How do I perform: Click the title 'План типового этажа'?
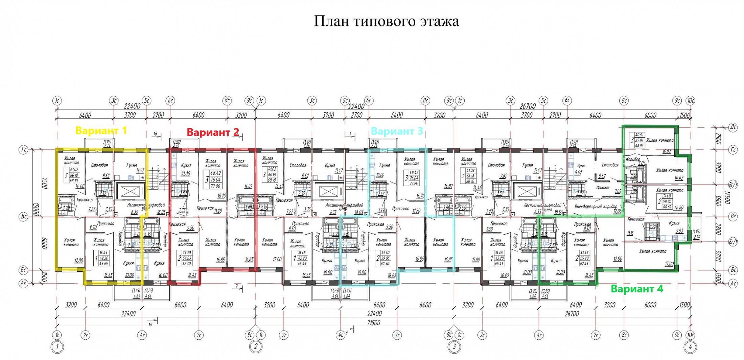click(386, 21)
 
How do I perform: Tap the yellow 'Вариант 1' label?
click(101, 130)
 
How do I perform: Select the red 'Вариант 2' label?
click(213, 132)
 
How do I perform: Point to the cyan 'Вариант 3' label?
click(397, 131)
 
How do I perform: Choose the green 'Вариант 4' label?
click(636, 289)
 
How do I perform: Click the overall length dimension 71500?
click(373, 322)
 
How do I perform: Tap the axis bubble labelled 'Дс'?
click(733, 127)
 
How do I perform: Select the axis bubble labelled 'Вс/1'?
click(733, 185)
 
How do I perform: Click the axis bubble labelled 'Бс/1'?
click(733, 242)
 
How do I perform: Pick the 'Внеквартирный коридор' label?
click(595, 207)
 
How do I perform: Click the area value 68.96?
click(639, 146)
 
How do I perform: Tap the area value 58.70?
click(667, 202)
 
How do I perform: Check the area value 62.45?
click(584, 263)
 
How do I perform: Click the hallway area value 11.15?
click(630, 233)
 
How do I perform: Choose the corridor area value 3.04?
click(641, 163)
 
